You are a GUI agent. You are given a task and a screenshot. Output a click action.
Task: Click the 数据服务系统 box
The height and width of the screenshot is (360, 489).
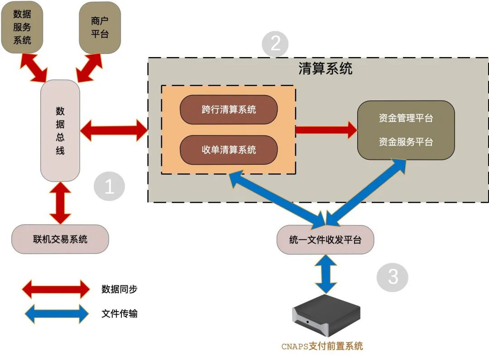pyautogui.click(x=22, y=27)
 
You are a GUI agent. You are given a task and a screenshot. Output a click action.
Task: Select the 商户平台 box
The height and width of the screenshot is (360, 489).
pyautogui.click(x=100, y=27)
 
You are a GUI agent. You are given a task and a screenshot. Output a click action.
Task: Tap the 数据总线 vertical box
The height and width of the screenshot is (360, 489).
pyautogui.click(x=60, y=131)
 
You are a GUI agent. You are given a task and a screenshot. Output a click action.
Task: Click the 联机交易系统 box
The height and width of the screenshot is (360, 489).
pyautogui.click(x=60, y=239)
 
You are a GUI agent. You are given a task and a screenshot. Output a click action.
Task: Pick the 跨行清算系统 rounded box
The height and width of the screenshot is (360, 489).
pyautogui.click(x=229, y=110)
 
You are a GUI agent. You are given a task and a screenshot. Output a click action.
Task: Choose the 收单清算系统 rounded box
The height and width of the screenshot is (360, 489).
pyautogui.click(x=229, y=149)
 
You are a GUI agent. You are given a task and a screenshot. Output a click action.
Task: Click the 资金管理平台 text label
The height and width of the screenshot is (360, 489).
pyautogui.click(x=406, y=118)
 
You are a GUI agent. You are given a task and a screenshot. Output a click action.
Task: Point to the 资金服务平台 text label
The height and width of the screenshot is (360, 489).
pyautogui.click(x=406, y=142)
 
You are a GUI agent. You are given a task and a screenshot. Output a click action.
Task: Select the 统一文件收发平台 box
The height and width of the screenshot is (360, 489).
pyautogui.click(x=325, y=240)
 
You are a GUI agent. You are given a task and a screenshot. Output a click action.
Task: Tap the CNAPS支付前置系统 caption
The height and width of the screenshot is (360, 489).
pyautogui.click(x=322, y=346)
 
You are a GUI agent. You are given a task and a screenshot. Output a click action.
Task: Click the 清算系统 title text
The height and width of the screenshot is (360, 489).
pyautogui.click(x=325, y=69)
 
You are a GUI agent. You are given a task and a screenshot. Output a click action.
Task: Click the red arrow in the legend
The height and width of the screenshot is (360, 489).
pyautogui.click(x=56, y=289)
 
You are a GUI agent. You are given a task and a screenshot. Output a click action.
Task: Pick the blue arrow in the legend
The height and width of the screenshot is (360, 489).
pyautogui.click(x=56, y=313)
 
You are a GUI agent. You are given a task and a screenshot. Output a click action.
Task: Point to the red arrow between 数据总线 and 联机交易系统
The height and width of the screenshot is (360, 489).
pyautogui.click(x=60, y=203)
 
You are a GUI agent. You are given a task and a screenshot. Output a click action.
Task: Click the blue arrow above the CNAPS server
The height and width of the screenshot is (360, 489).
pyautogui.click(x=326, y=274)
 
